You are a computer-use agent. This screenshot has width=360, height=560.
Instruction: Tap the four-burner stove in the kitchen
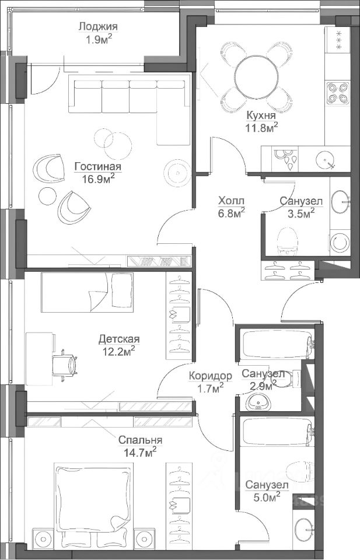338,93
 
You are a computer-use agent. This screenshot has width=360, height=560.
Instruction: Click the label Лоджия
98,27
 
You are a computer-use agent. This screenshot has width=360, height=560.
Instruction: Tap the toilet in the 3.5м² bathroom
288,241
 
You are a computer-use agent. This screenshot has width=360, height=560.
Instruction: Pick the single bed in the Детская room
87,292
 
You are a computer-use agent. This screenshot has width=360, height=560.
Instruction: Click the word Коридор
211,376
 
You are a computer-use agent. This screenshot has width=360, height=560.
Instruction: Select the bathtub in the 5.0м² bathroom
277,433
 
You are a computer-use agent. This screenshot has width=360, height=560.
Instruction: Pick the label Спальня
140,440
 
